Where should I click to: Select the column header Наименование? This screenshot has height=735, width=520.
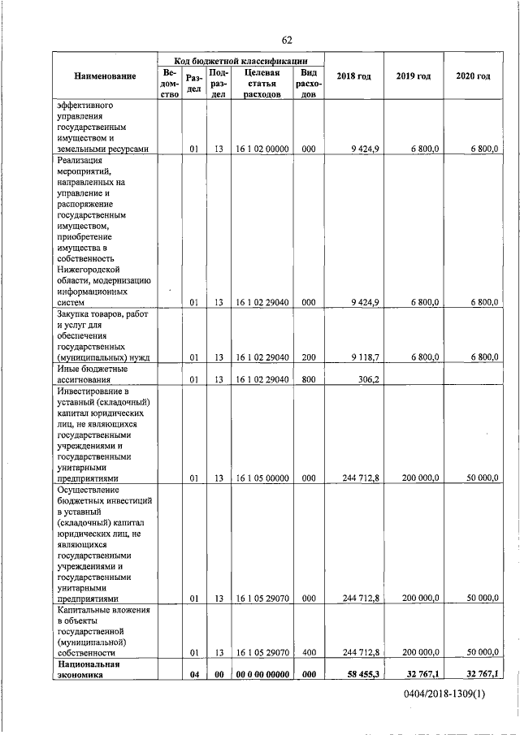106,76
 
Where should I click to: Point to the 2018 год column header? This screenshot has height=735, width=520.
355,76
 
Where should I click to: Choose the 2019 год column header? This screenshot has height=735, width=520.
414,76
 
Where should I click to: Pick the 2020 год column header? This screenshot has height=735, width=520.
473,76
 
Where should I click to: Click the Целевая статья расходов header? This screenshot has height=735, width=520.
262,83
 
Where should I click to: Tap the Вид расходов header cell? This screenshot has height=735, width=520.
308,83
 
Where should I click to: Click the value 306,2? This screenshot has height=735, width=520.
367,378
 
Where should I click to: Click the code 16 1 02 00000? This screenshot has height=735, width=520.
262,149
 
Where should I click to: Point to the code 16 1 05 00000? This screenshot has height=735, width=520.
262,479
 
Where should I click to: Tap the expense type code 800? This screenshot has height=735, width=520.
308,378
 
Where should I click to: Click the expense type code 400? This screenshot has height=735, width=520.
308,652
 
